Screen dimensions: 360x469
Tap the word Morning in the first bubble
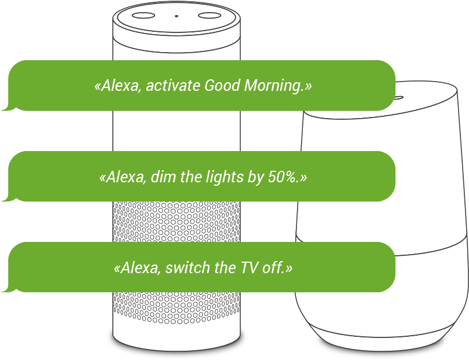click(276, 86)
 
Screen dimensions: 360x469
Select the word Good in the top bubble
click(223, 86)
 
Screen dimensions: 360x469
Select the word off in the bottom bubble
click(276, 268)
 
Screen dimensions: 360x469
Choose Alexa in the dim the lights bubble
click(124, 177)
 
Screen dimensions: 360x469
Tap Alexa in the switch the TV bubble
click(138, 268)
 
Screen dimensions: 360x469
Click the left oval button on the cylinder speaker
click(143, 15)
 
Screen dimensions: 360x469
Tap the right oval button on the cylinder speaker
click(210, 15)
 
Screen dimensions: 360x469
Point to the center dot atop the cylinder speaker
click(177, 16)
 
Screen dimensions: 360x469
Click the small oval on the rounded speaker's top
click(398, 97)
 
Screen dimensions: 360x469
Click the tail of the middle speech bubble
click(7, 198)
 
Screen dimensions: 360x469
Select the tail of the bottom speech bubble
click(7, 289)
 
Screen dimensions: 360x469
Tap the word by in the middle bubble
click(255, 177)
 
